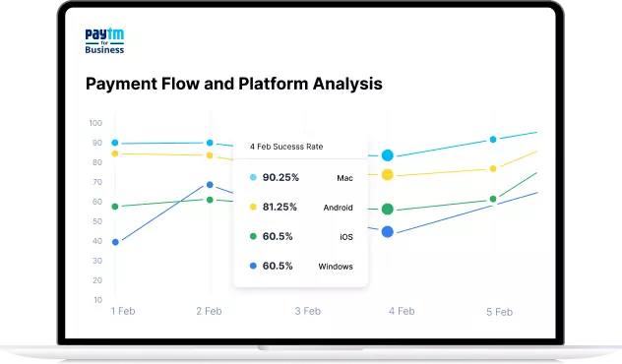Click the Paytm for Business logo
tap(105, 41)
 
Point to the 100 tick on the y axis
tap(95, 123)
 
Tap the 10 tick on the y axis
tap(97, 300)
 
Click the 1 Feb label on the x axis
tap(122, 311)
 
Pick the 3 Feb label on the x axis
tap(307, 311)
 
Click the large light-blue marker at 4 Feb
tap(388, 155)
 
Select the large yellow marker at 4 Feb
tap(388, 174)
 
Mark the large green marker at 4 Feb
tap(388, 209)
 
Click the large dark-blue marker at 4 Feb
tap(388, 231)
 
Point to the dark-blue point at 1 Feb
tap(115, 242)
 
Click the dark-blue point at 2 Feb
tap(209, 185)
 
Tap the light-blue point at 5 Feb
tap(493, 140)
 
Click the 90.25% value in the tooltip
tap(280, 178)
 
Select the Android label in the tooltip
tap(338, 208)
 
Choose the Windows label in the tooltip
tap(335, 267)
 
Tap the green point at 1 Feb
tap(115, 207)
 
